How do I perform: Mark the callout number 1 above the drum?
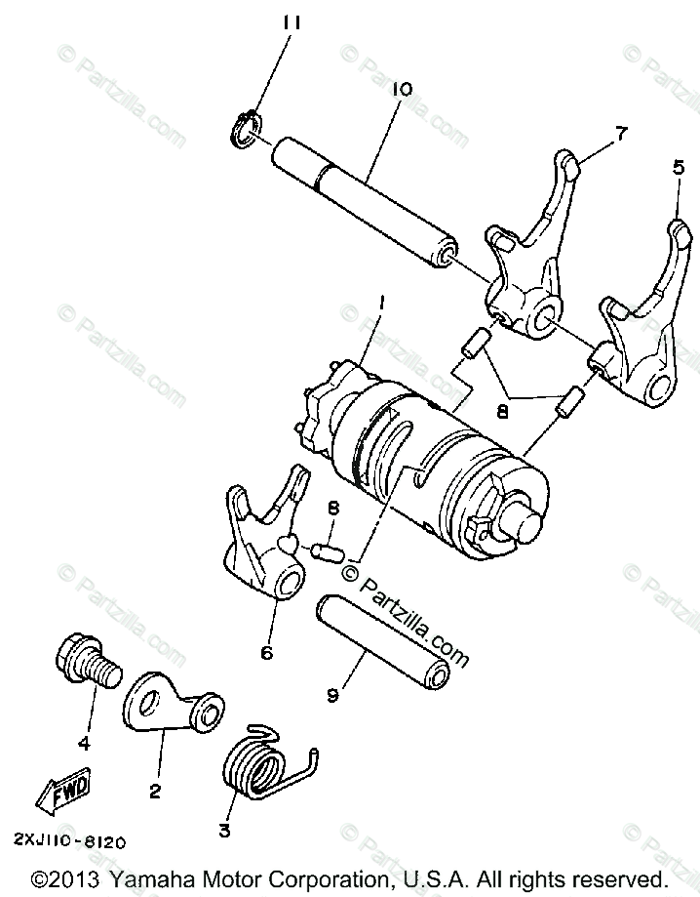coord(381,304)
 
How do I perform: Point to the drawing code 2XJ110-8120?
coord(68,838)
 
